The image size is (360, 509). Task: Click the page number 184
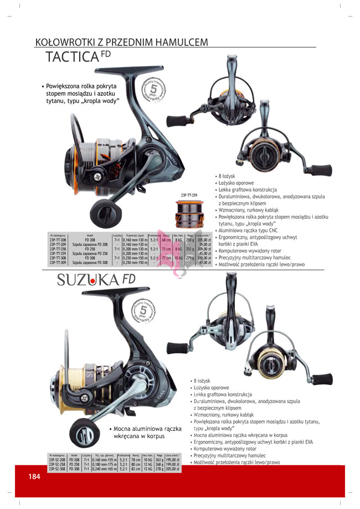point(34,477)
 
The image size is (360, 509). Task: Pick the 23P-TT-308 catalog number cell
point(58,258)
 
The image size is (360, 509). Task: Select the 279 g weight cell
point(190,258)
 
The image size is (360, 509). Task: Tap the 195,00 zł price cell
point(158,459)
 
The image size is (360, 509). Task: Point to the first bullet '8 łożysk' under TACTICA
point(229,176)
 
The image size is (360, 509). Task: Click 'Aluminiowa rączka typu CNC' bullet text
point(250,230)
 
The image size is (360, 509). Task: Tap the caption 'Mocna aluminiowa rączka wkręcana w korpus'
point(147,432)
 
